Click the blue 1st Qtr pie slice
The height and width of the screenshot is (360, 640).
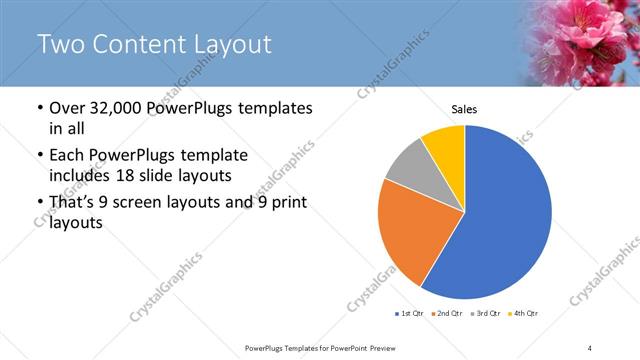pyautogui.click(x=505, y=210)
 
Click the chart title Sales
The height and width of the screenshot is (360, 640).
pyautogui.click(x=464, y=109)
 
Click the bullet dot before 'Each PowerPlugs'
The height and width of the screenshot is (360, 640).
pyautogui.click(x=39, y=156)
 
